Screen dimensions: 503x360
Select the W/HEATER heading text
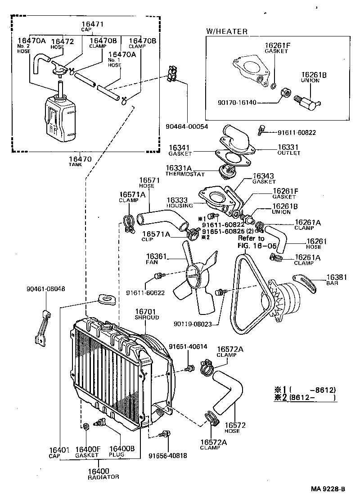tap(227, 31)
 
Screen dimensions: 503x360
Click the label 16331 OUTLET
tap(288, 149)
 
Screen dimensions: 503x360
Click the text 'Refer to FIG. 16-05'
tap(252, 241)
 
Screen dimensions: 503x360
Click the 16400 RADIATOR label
tap(103, 473)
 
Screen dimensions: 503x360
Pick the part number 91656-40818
tap(168, 455)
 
